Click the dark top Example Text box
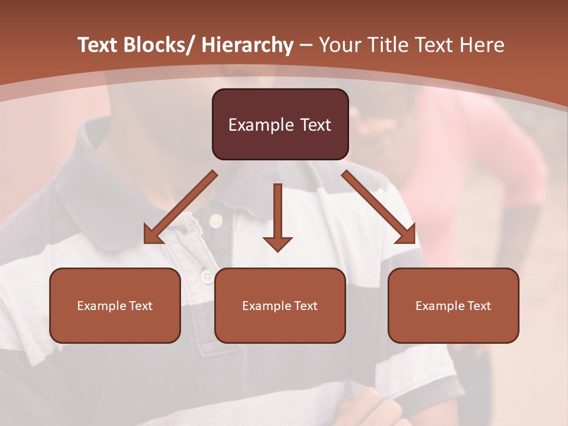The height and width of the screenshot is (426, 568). (280, 124)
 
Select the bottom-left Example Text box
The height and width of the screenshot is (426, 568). (115, 305)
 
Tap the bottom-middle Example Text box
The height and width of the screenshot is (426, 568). (280, 305)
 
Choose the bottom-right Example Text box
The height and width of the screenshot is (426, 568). (453, 305)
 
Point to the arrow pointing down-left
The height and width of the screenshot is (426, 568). (180, 208)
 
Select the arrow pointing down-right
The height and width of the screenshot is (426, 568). (379, 208)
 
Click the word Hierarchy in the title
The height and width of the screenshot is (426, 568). (247, 46)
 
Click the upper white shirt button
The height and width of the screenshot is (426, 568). (215, 221)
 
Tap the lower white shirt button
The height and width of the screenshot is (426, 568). (206, 276)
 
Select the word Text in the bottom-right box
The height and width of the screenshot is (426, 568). (478, 306)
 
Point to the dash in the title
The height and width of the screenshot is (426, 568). (306, 46)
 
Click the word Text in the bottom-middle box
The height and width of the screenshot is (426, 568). (305, 306)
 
